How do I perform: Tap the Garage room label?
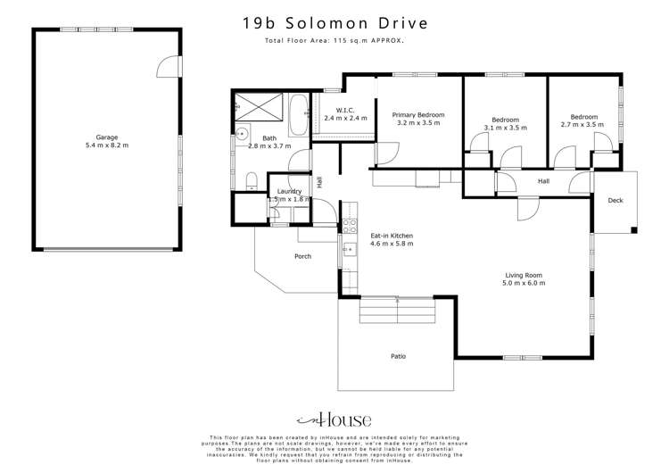point(107,137)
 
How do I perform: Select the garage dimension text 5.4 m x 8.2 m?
point(107,145)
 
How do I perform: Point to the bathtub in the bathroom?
point(299,114)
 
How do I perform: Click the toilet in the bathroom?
point(252,181)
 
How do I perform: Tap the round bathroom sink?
point(242,136)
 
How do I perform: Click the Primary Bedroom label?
point(418,115)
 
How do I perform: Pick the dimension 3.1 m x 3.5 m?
point(505,128)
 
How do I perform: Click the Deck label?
point(615,201)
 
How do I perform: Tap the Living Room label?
point(523,275)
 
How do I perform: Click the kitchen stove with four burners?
point(351,226)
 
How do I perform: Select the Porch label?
point(303,256)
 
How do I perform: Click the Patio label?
point(398,356)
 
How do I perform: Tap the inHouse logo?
point(334,419)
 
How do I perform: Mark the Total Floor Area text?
point(334,41)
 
